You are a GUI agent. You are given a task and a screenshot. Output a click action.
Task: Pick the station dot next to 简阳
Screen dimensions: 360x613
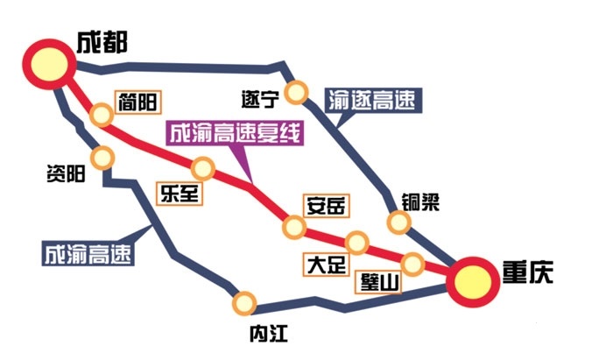pyautogui.click(x=102, y=115)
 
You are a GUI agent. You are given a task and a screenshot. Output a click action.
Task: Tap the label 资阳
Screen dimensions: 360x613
pyautogui.click(x=65, y=173)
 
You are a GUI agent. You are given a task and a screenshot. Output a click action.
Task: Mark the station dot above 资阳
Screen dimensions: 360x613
pyautogui.click(x=103, y=158)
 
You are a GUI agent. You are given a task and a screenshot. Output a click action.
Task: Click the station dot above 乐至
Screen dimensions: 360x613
pyautogui.click(x=204, y=166)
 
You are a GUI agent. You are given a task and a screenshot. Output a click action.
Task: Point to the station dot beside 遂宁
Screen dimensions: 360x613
pyautogui.click(x=299, y=91)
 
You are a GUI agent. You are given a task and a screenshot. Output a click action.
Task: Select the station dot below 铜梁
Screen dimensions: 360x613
pyautogui.click(x=399, y=222)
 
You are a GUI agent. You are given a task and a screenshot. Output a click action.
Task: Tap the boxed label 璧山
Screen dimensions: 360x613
pyautogui.click(x=380, y=282)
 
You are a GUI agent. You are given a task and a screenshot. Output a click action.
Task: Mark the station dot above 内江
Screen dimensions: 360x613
pyautogui.click(x=245, y=303)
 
